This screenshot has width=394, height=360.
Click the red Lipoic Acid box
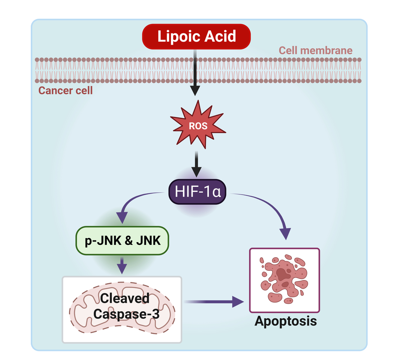[x=196, y=37]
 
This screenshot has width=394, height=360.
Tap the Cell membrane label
[x=315, y=50]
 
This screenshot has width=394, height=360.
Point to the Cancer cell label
[x=66, y=90]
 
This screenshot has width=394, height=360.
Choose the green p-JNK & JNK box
[x=123, y=240]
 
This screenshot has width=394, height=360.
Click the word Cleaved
[x=124, y=298]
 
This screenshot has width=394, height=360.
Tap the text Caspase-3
[x=126, y=314]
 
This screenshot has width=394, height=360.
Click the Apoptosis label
[x=286, y=321]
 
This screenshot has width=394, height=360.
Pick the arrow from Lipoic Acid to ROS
[x=195, y=75]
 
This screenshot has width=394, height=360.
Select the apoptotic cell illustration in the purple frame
[x=285, y=280]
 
